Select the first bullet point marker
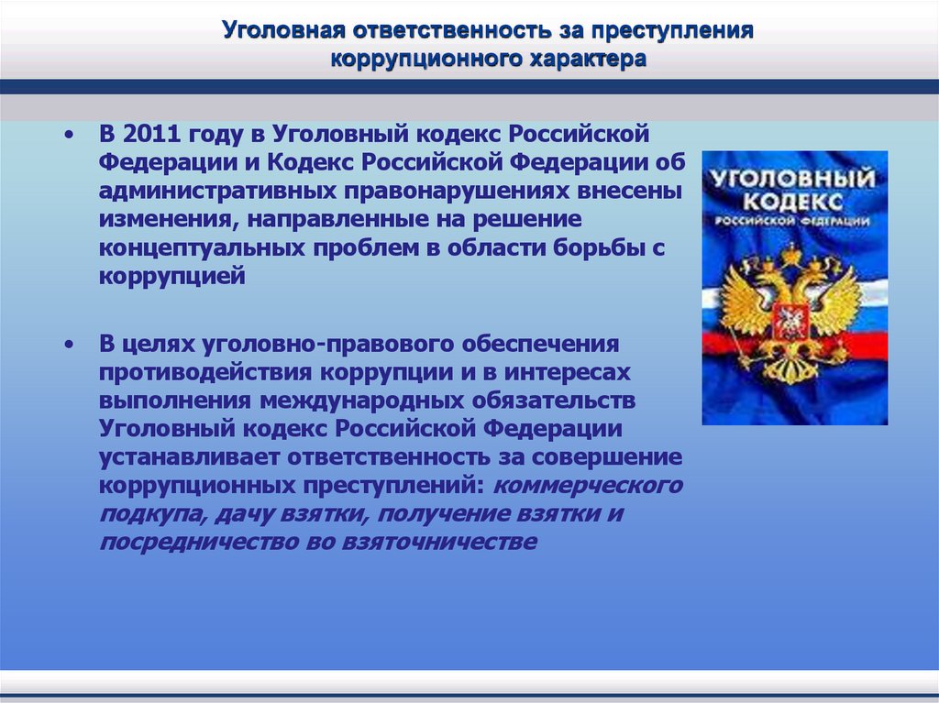click(71, 135)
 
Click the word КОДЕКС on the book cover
click(794, 201)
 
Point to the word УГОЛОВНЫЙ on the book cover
click(793, 176)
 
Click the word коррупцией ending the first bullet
click(172, 277)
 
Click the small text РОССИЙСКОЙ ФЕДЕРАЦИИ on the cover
click(794, 222)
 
